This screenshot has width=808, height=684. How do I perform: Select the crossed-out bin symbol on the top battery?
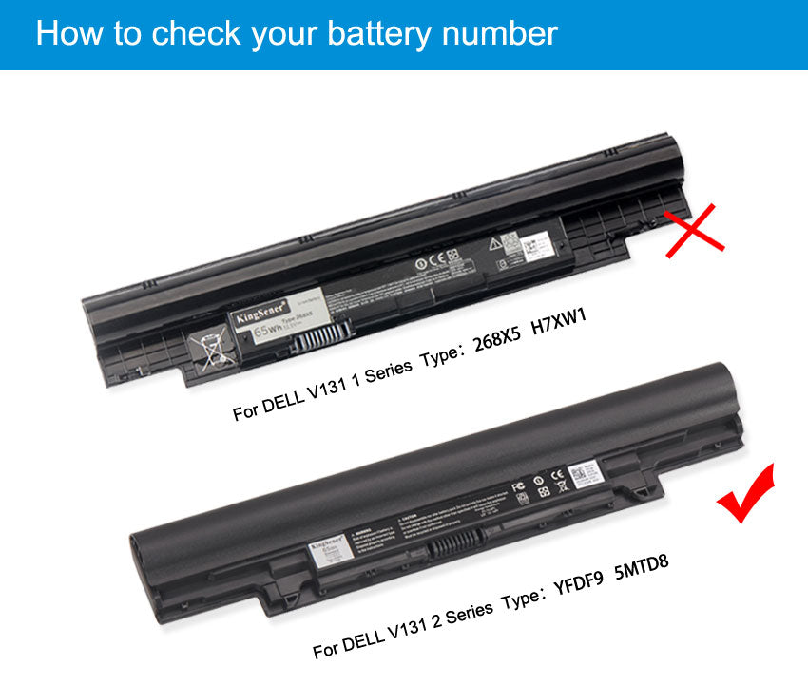coord(211,346)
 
